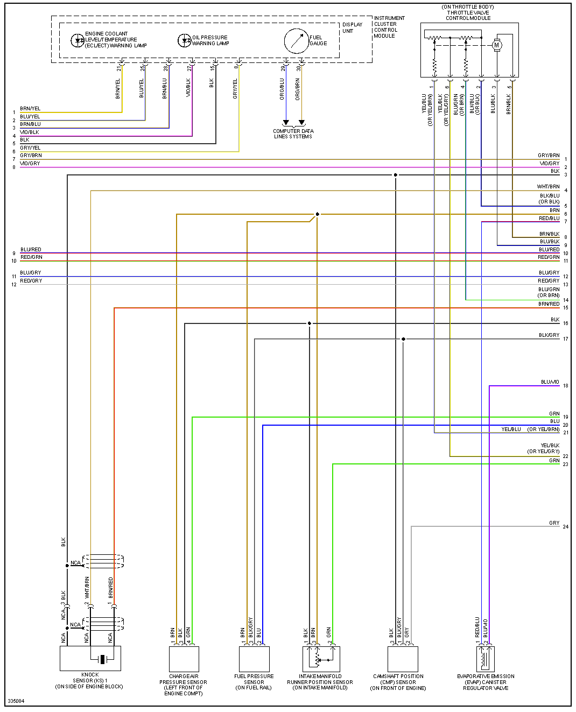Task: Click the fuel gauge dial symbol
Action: point(297,41)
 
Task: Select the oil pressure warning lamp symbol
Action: point(184,40)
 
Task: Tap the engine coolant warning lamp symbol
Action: point(78,40)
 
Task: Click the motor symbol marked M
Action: point(497,46)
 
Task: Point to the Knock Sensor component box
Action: point(90,658)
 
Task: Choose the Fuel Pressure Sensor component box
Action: point(254,659)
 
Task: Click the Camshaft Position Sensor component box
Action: point(403,659)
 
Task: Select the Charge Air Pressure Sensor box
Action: point(184,659)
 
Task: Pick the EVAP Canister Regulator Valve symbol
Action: point(486,658)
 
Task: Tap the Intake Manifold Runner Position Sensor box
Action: point(321,659)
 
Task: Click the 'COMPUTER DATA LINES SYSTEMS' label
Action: point(293,134)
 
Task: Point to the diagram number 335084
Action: point(16,701)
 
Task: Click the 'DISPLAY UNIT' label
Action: point(353,28)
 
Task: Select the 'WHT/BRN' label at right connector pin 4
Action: point(548,187)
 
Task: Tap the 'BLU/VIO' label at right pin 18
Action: point(550,382)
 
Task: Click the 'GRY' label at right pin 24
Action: point(554,523)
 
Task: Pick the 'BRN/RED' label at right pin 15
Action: point(549,304)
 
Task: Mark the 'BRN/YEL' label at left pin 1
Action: point(30,109)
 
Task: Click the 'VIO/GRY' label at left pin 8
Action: point(30,164)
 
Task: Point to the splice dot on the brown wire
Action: point(317,214)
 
